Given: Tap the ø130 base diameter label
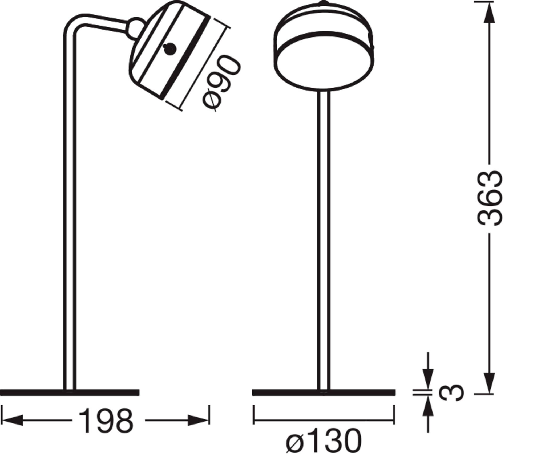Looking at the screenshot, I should pyautogui.click(x=324, y=443).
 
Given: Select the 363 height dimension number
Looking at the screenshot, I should pyautogui.click(x=490, y=198).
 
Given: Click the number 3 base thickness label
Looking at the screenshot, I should pyautogui.click(x=451, y=392).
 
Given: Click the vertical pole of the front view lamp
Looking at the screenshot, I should pyautogui.click(x=324, y=240).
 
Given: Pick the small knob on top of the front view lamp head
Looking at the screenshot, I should pyautogui.click(x=324, y=3).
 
